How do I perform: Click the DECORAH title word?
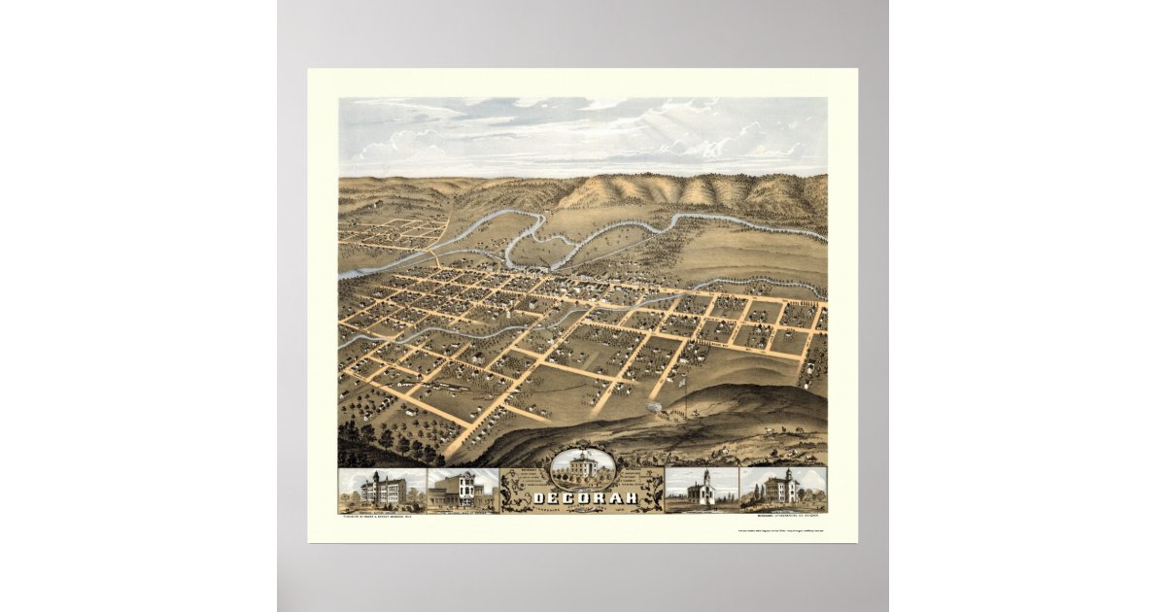pyautogui.click(x=584, y=499)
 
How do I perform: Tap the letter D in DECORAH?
pyautogui.click(x=539, y=499)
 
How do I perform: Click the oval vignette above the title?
pyautogui.click(x=582, y=469)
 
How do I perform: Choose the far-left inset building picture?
pyautogui.click(x=382, y=490)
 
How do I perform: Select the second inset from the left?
pyautogui.click(x=462, y=490)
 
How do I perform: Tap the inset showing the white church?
pyautogui.click(x=702, y=490)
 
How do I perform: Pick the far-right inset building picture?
pyautogui.click(x=783, y=490)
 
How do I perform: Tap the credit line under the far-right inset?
pyautogui.click(x=783, y=515)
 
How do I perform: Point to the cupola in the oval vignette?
pyautogui.click(x=582, y=455)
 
